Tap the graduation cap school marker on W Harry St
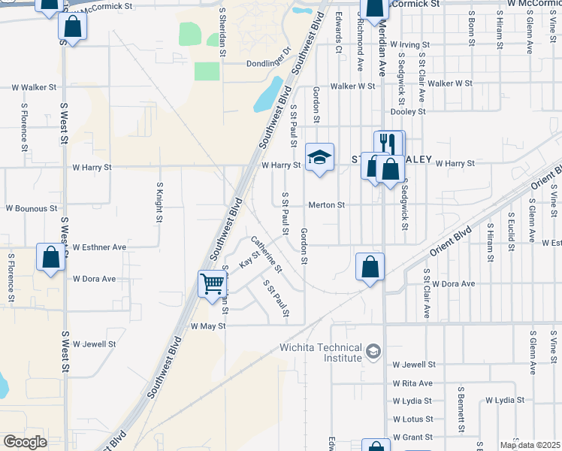pyautogui.click(x=319, y=157)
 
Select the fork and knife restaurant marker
pyautogui.click(x=389, y=143)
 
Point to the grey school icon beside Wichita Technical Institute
pyautogui.click(x=373, y=351)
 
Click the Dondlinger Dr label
pyautogui.click(x=268, y=63)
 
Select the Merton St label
pyautogui.click(x=327, y=204)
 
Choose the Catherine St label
pyautogui.click(x=266, y=254)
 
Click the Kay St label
pyautogui.click(x=249, y=260)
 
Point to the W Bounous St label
pyautogui.click(x=32, y=208)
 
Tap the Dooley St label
pyautogui.click(x=409, y=111)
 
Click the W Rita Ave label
pyautogui.click(x=412, y=383)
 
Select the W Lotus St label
pyautogui.click(x=412, y=419)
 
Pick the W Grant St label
pyautogui.click(x=412, y=437)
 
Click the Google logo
pyautogui.click(x=25, y=442)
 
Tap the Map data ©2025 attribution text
pyautogui.click(x=530, y=445)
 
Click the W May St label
pyautogui.click(x=208, y=326)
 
